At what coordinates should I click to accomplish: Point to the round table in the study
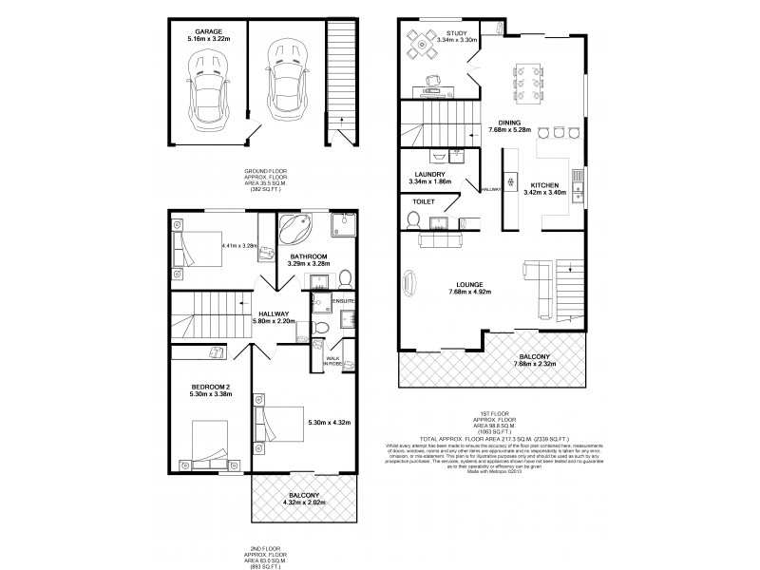click(x=421, y=45)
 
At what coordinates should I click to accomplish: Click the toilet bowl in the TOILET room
click(x=411, y=220)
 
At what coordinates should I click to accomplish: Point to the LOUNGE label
click(x=470, y=283)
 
